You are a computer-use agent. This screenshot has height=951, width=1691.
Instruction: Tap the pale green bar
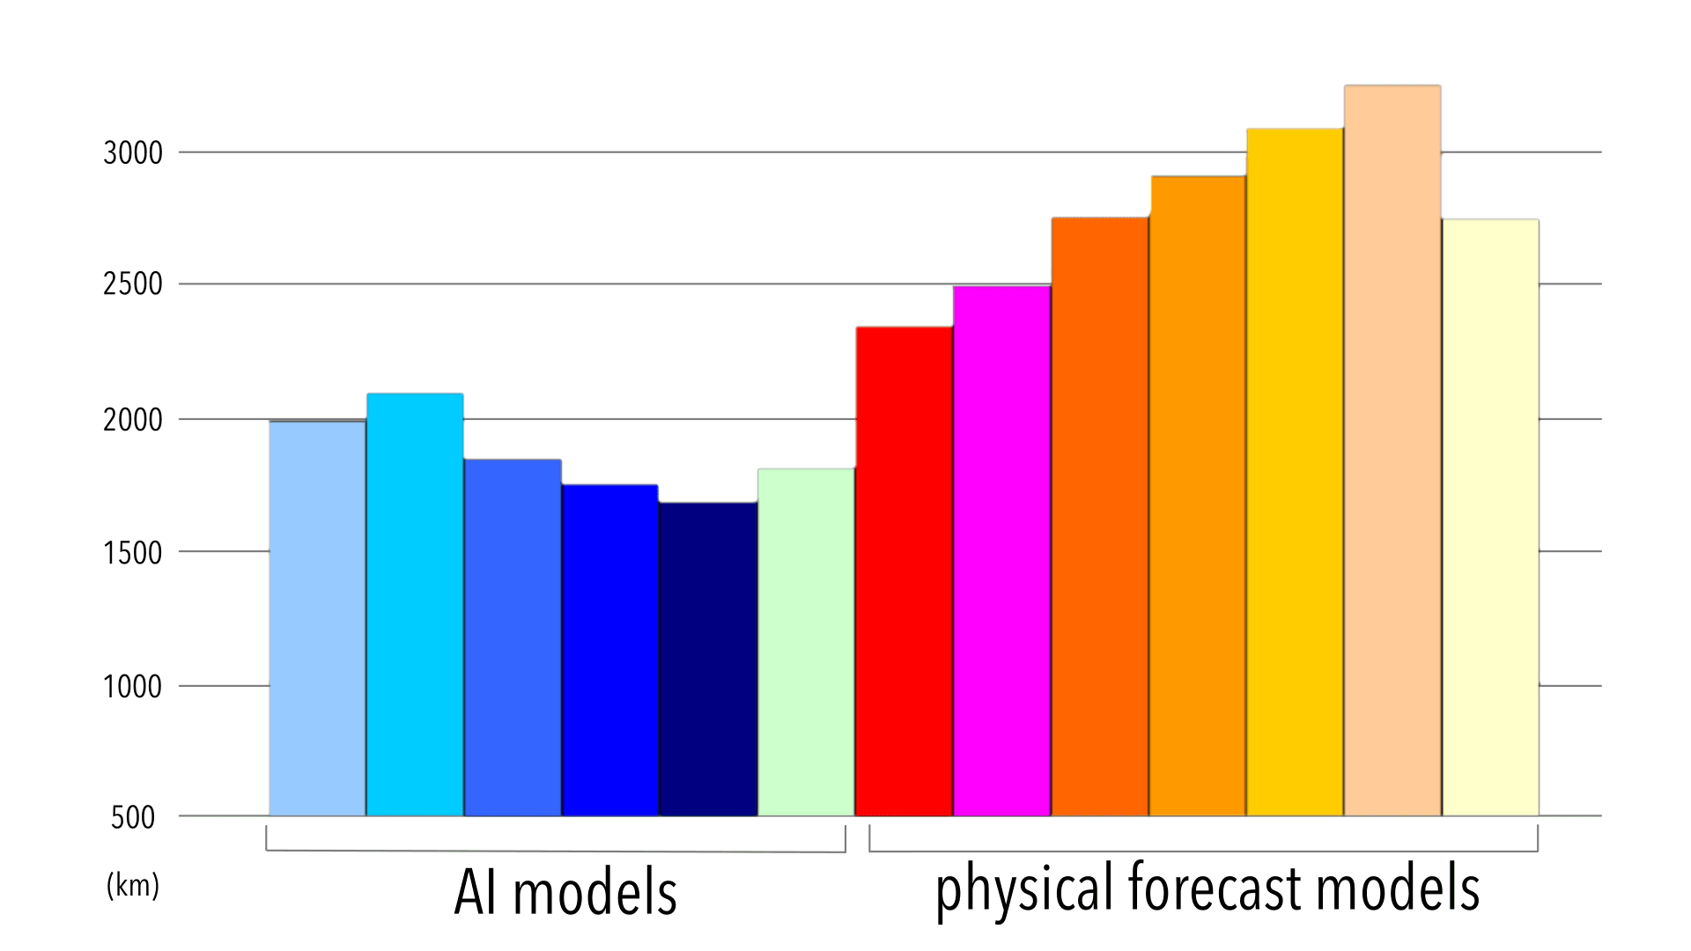(806, 642)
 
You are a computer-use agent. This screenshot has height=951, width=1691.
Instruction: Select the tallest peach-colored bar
(1392, 450)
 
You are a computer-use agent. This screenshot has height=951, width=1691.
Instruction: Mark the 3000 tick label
(133, 153)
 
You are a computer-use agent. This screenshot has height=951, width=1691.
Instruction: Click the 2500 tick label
(133, 284)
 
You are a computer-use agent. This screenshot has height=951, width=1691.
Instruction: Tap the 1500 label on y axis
(133, 553)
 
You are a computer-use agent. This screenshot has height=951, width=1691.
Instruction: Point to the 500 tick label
(133, 818)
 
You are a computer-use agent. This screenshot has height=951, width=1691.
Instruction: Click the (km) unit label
(133, 885)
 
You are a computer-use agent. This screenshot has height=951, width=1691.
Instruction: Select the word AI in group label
(476, 893)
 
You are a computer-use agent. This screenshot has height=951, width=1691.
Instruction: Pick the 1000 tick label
(133, 687)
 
